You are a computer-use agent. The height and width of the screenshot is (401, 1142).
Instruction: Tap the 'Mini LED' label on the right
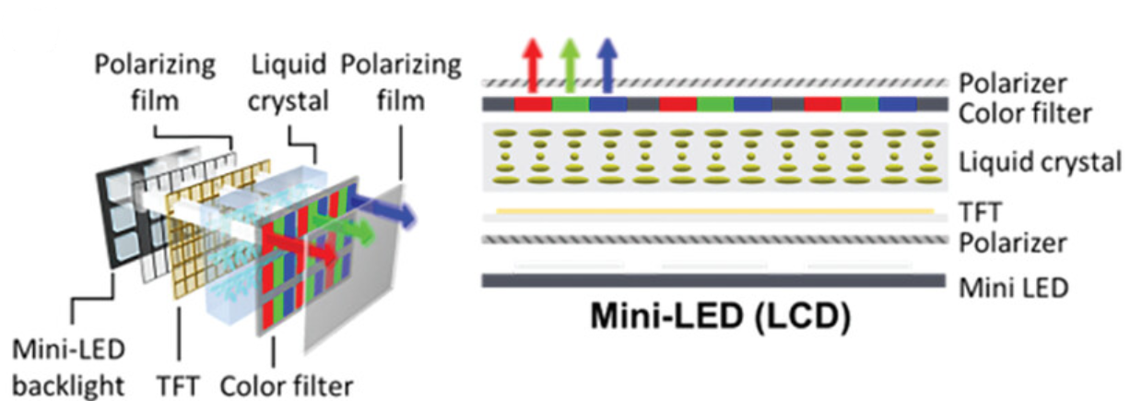point(1013,287)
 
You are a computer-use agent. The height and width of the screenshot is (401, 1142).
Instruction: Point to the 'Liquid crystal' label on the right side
point(1040,163)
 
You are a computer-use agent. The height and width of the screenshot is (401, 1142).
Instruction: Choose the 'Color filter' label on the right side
point(1025,113)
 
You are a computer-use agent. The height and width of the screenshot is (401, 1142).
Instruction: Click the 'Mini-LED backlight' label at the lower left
point(70,366)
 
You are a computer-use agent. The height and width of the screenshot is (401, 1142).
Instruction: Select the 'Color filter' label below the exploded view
point(287,383)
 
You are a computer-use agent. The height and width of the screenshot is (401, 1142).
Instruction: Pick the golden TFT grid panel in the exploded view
point(189,235)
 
